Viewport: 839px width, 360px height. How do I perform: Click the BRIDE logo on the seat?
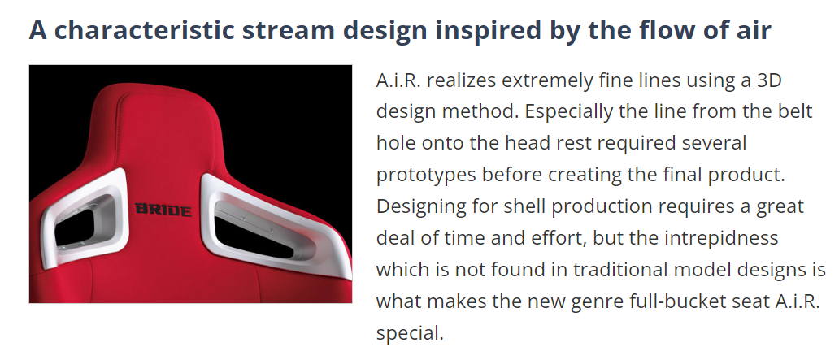pos(163,210)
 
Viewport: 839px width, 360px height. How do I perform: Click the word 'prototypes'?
pos(426,176)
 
